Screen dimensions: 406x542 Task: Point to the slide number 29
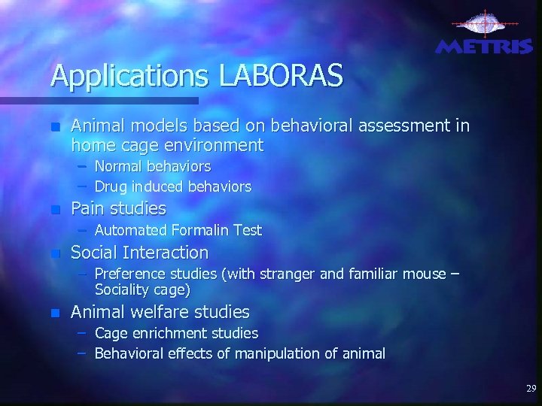pos(531,389)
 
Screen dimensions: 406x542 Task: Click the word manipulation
pos(271,352)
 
